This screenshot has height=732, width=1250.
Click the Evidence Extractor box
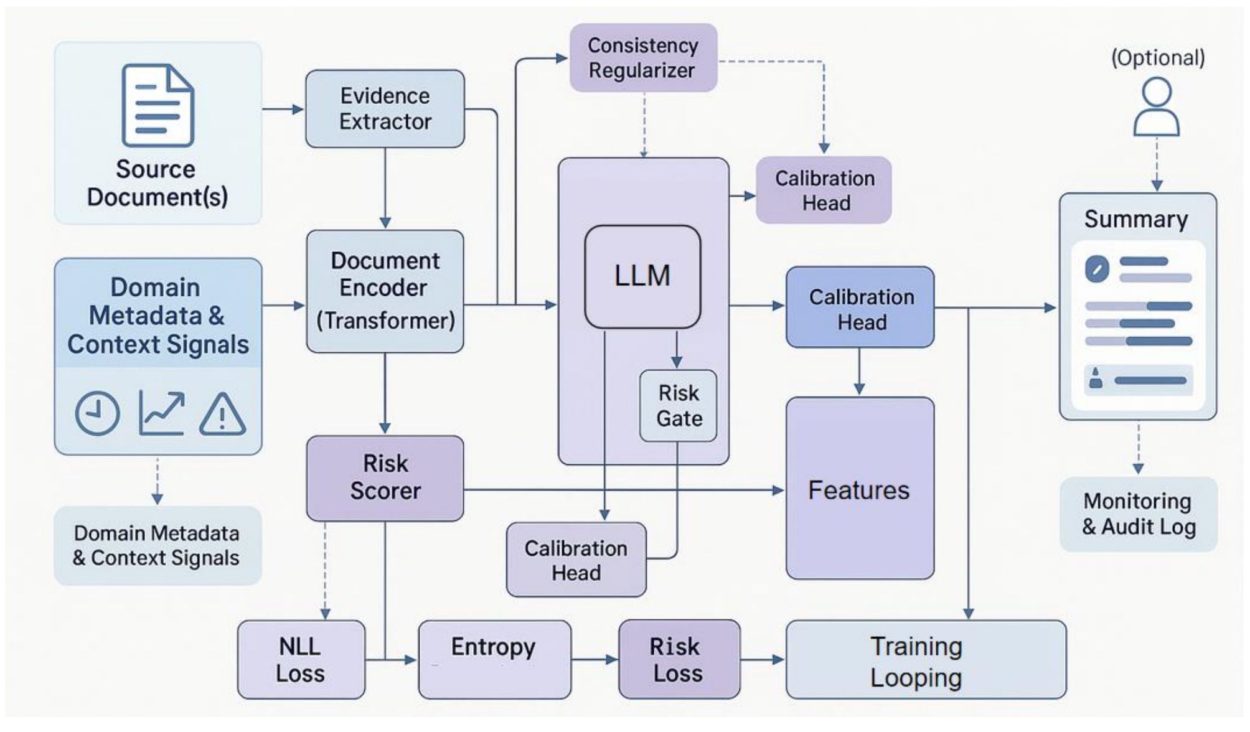[385, 108]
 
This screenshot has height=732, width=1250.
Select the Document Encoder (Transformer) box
[385, 291]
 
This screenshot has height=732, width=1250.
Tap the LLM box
[642, 276]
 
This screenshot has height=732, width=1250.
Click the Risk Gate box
[678, 406]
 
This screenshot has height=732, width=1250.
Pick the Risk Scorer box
[385, 478]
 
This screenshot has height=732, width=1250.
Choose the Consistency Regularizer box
[644, 58]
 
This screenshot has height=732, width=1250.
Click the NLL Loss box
[301, 659]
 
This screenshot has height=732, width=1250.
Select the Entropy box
[494, 659]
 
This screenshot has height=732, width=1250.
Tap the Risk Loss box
[679, 659]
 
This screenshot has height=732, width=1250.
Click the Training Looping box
[926, 659]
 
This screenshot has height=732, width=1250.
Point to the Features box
[860, 488]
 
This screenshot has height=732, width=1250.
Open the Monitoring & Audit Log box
[1139, 514]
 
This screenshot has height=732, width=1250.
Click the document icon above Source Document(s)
[158, 105]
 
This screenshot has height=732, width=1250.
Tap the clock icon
[98, 413]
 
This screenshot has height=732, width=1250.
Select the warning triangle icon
[222, 413]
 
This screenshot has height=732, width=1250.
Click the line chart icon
[161, 413]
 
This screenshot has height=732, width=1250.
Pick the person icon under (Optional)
[1157, 107]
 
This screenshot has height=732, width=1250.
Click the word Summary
[1136, 219]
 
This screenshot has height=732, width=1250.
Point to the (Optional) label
[1158, 58]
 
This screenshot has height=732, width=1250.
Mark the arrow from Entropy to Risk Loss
[594, 659]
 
